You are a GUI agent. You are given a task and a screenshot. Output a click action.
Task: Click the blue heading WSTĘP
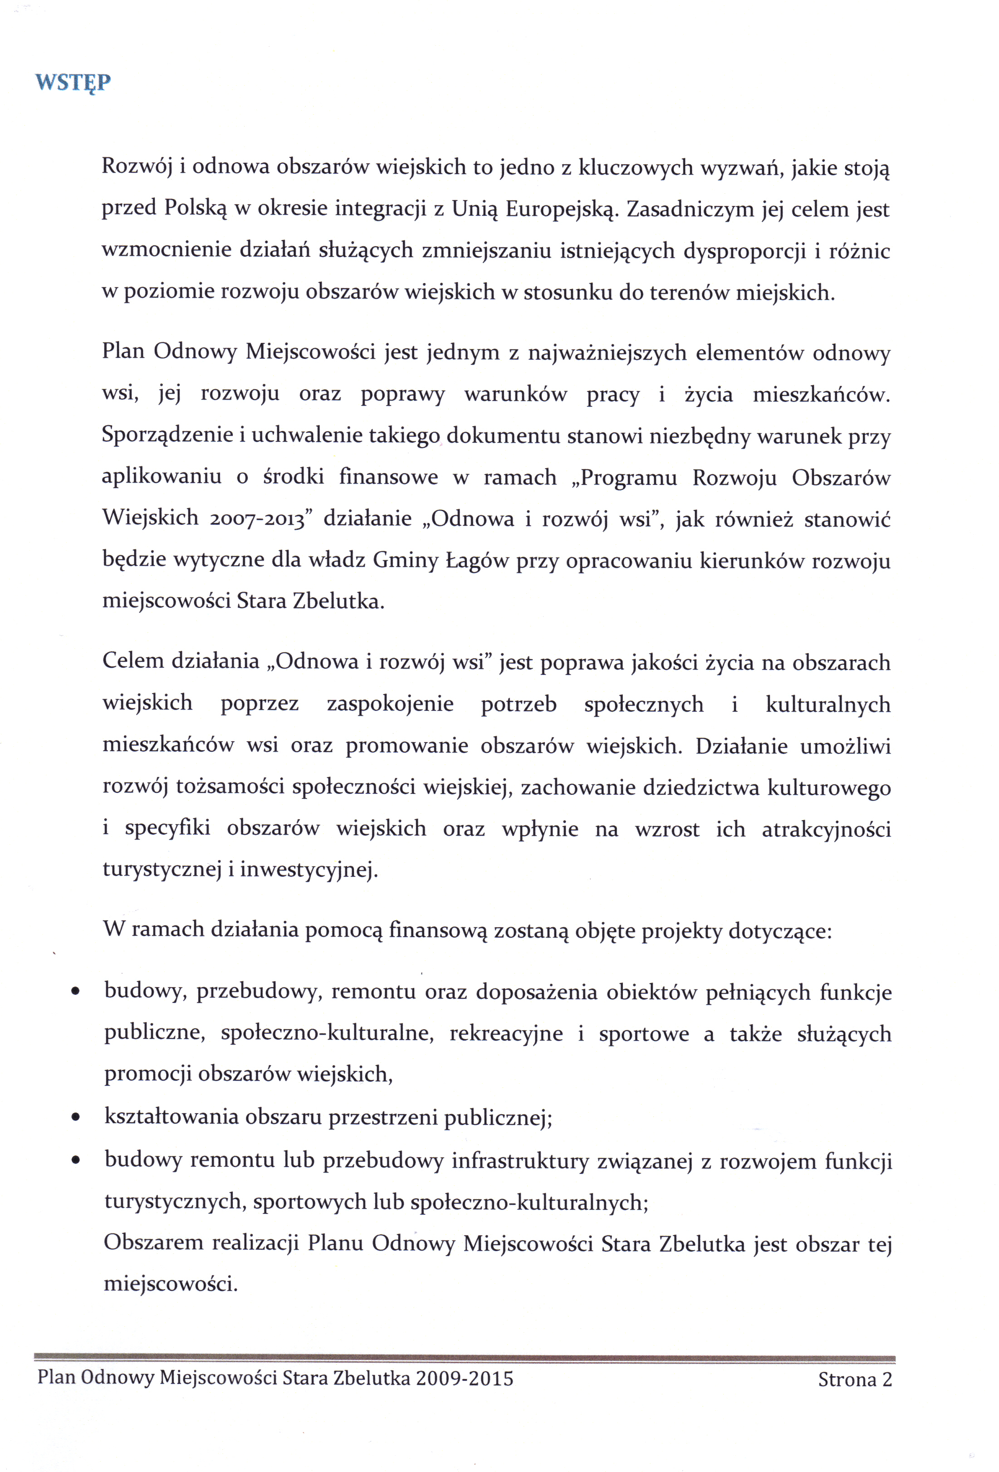[x=73, y=83]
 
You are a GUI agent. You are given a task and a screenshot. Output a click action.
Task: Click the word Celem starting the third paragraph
[x=132, y=661]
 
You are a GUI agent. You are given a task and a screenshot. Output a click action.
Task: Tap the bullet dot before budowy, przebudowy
[x=75, y=992]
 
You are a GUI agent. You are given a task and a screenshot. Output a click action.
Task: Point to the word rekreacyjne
[x=506, y=1034]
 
